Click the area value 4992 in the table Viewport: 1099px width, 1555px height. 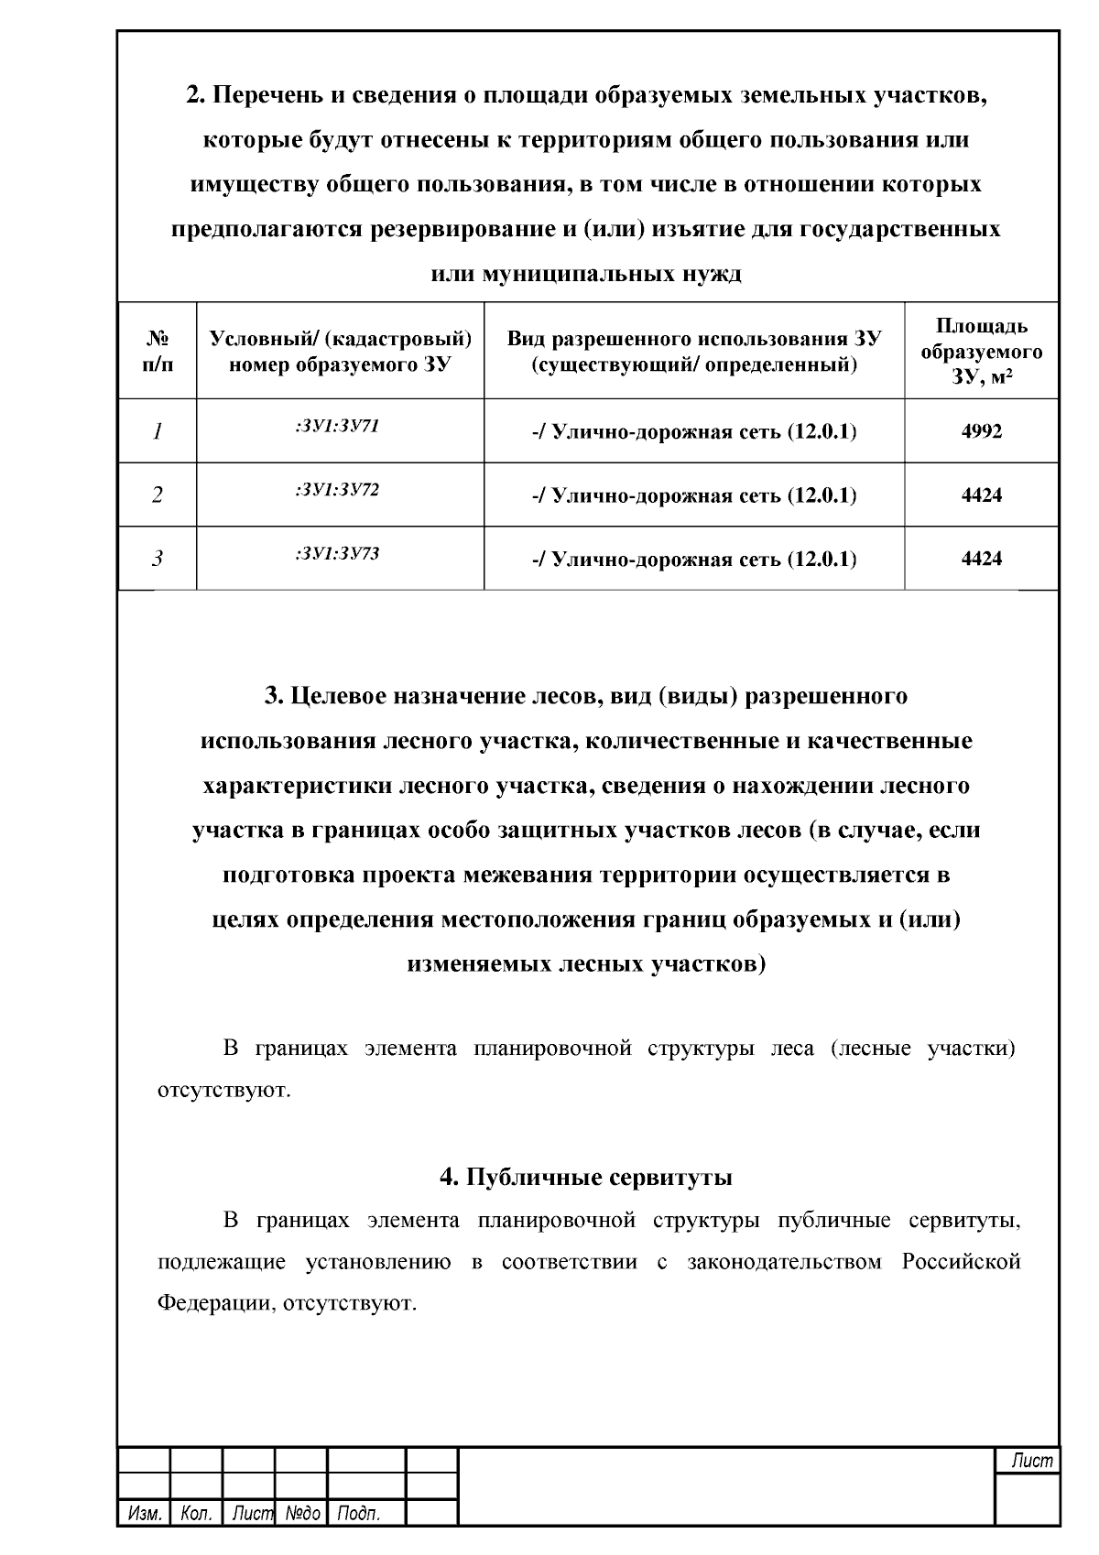pos(981,431)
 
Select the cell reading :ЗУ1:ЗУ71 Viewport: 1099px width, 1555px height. pos(337,426)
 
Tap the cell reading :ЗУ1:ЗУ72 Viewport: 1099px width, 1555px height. pos(337,489)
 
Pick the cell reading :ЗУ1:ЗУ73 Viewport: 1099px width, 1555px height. pos(337,553)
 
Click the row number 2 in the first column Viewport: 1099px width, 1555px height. pos(158,495)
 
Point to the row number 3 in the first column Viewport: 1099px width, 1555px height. pos(158,559)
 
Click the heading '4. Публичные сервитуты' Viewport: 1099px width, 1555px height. pos(586,1177)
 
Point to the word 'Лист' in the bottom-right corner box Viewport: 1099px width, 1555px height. pos(1032,1462)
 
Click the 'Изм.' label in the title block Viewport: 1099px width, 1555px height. pos(144,1514)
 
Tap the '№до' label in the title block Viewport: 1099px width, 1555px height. pos(301,1514)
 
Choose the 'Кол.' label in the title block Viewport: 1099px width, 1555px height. pos(196,1514)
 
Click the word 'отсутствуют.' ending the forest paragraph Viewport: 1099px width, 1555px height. pos(224,1091)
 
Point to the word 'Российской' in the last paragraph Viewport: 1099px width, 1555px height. pos(961,1262)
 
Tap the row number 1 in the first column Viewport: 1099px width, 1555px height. pos(158,431)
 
